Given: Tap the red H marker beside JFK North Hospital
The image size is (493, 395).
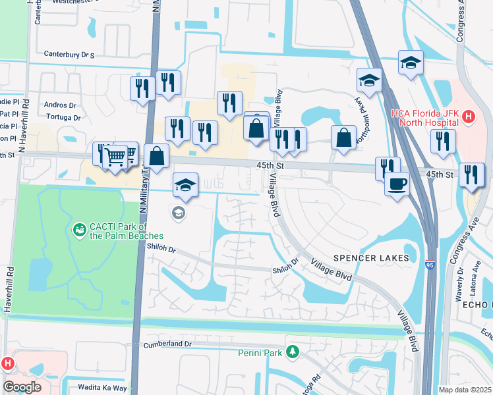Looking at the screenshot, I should pos(469,118).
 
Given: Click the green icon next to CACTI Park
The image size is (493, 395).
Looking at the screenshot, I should pos(79,230).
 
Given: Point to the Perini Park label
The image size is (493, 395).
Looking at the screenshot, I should pos(260,353).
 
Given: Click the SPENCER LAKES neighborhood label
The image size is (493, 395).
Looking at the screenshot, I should pos(371,257).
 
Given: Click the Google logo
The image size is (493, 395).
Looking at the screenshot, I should pos(21,386).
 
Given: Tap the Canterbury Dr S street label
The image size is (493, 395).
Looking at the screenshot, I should pos(69,54).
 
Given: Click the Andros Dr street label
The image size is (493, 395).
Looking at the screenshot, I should pos(60,105).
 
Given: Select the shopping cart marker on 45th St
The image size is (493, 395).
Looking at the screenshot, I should pos(116,157).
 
